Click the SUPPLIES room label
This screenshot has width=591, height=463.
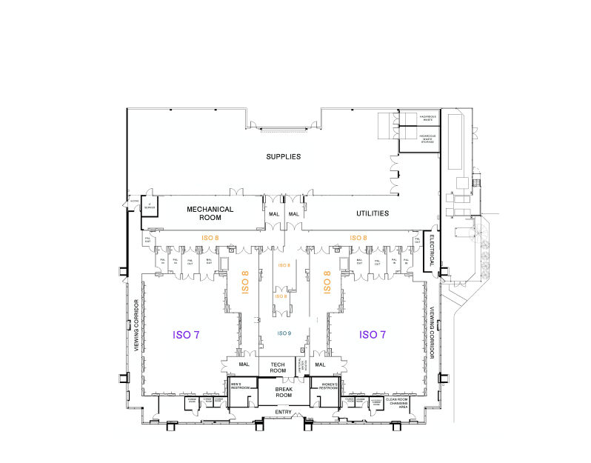[x=284, y=156]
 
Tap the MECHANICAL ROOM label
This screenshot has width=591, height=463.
[x=210, y=213]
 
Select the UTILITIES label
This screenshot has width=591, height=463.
[x=372, y=213]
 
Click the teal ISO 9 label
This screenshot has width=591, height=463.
[x=284, y=333]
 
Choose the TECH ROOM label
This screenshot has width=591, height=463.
[x=278, y=367]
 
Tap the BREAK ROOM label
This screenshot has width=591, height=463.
[x=284, y=392]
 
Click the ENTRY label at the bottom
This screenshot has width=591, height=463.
[x=284, y=412]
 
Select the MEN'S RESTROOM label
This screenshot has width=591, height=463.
[x=238, y=385]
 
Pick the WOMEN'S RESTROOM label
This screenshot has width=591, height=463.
[x=330, y=385]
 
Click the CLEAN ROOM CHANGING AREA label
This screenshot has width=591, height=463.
[x=398, y=402]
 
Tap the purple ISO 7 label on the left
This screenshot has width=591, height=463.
[x=186, y=335]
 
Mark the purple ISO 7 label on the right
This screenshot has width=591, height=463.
[x=373, y=335]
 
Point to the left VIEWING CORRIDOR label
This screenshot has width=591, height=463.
[x=136, y=325]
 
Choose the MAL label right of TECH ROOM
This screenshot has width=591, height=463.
[x=320, y=364]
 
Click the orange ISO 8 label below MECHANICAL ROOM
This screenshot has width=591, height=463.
[x=211, y=238]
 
